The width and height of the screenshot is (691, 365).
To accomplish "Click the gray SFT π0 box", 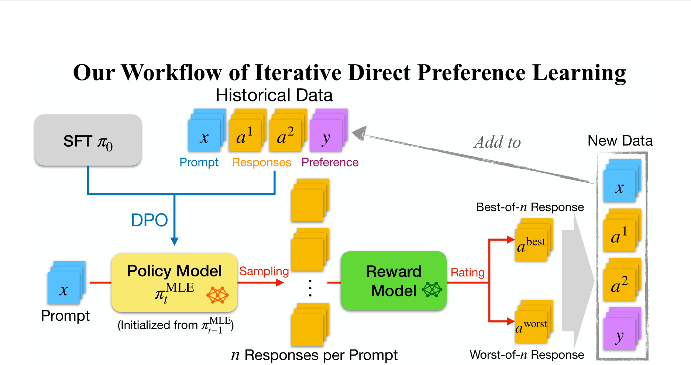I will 88,140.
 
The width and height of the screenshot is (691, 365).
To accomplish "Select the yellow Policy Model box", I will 174,282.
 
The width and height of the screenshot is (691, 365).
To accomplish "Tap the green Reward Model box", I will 393,281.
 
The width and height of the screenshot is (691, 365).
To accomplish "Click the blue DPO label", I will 149,220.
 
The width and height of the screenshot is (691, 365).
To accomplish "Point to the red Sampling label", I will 264,271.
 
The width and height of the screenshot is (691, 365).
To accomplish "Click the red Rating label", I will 467,272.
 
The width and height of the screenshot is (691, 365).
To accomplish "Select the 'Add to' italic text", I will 497,142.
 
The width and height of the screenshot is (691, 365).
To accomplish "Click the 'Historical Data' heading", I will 274,95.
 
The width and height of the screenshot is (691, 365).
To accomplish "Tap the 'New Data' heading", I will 620,141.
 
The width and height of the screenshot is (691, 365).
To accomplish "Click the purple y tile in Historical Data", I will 326,135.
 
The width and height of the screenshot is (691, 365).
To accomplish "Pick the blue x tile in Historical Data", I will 204,135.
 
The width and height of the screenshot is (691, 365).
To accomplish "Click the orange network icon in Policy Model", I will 217,295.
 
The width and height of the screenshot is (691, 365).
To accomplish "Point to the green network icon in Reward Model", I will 432,290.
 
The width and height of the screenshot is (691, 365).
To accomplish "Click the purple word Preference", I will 330,162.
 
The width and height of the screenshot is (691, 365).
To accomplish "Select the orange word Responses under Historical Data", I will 261,162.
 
